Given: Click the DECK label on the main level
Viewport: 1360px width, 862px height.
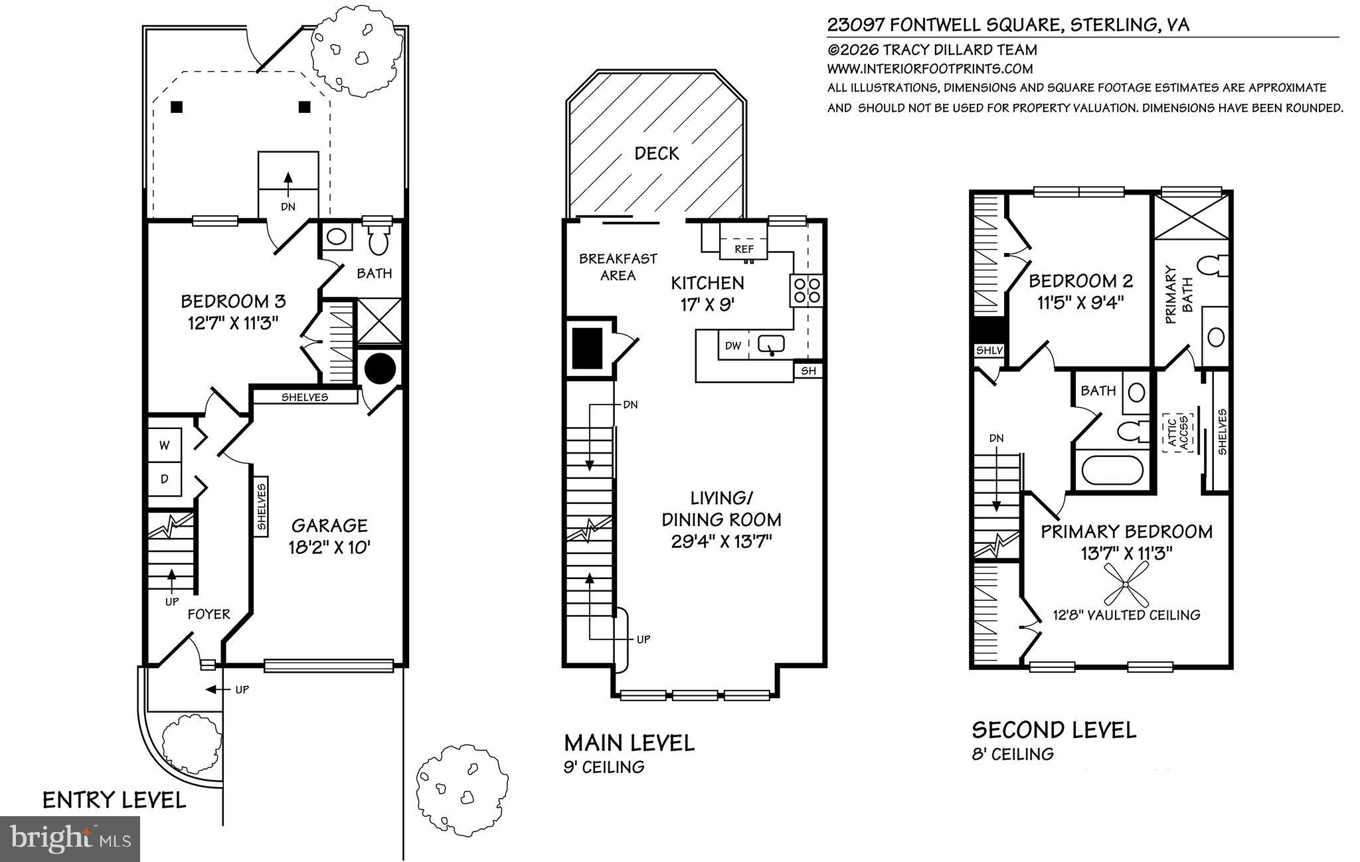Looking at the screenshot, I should point(656,153).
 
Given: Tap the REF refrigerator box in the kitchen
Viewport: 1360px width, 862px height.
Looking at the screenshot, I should point(744,249).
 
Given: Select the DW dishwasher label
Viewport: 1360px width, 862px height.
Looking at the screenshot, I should point(732,346).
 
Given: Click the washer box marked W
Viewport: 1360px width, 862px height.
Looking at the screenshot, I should point(163,446).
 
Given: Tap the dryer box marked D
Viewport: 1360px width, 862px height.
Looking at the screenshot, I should point(163,478).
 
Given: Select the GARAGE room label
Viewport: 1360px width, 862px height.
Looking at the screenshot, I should point(329,526).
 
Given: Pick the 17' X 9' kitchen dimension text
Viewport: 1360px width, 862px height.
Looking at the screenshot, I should point(707,305).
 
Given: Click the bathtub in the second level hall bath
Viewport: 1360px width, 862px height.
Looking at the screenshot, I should point(1112,470).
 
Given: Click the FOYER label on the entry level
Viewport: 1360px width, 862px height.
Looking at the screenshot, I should point(209,614).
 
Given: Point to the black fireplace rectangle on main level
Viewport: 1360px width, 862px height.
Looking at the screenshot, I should point(588,348).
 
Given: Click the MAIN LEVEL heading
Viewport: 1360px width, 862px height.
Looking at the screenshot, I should point(629,742).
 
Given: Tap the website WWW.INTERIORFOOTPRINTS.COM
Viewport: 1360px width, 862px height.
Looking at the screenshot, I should point(930,68).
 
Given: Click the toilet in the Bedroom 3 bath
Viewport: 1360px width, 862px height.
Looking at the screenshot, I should point(378,242).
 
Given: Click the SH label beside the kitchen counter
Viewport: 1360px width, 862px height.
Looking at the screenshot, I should point(808,371).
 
